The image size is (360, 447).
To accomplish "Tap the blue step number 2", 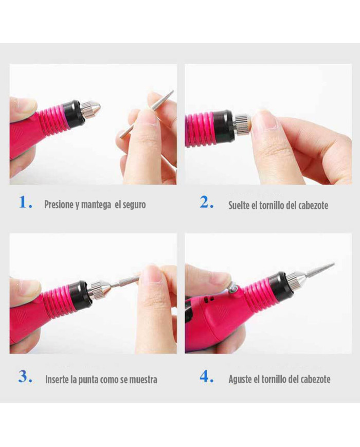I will click(206, 202).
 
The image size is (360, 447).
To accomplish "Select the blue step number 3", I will click(24, 377).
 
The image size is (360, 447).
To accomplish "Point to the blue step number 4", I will click(206, 377).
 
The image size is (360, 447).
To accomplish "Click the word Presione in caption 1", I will click(59, 205).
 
